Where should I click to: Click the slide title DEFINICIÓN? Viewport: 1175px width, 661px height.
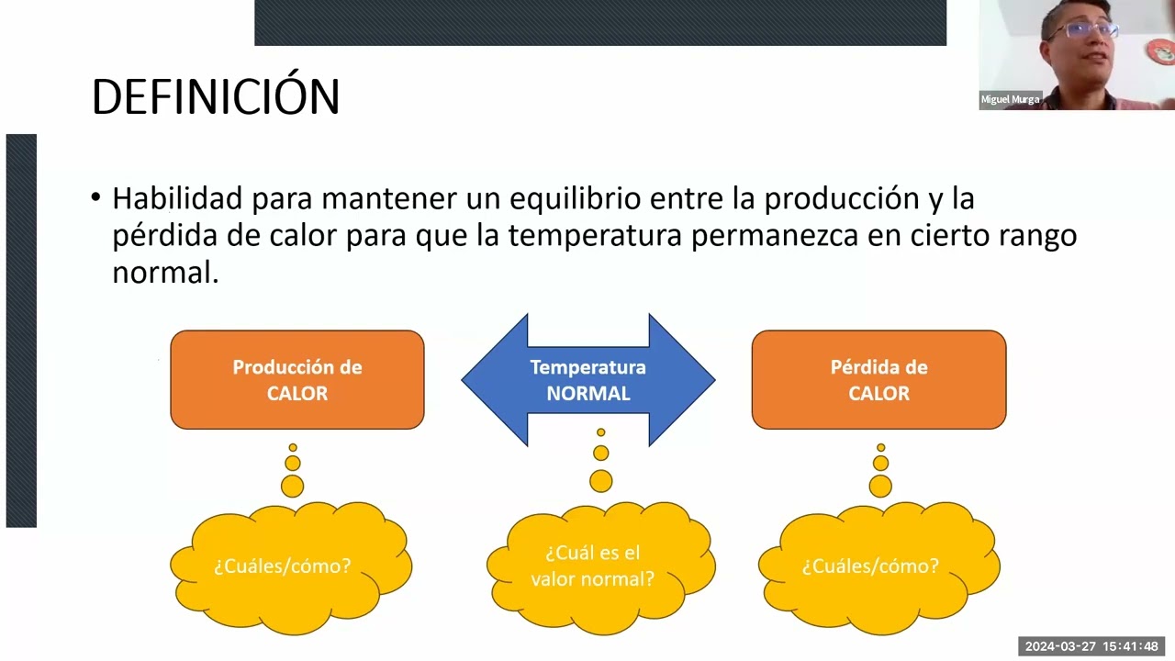(216, 96)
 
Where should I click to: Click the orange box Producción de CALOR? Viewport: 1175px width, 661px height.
(297, 380)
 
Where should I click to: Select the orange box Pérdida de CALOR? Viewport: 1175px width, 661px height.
(878, 380)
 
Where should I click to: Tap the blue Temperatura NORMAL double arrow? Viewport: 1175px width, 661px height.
(587, 380)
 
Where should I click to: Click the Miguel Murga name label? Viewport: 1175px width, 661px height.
(1010, 100)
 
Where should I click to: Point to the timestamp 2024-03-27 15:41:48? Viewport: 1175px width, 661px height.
(1091, 646)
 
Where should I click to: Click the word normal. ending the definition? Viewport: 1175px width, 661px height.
(165, 273)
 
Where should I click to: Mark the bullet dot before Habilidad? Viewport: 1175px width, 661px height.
(96, 197)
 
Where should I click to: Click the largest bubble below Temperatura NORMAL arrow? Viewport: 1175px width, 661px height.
(601, 480)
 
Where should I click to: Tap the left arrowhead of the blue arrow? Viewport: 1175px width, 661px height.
(487, 380)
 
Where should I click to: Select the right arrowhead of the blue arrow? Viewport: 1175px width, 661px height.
(688, 380)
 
